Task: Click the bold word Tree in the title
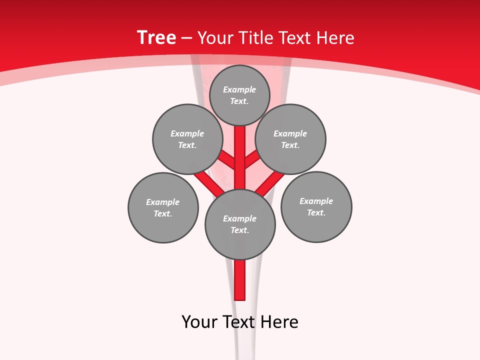(x=156, y=38)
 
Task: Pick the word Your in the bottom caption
(x=199, y=322)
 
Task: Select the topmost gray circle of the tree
(x=239, y=95)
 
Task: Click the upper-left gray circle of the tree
(x=187, y=139)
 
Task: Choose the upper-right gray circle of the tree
(x=290, y=139)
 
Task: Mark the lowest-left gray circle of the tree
(x=163, y=207)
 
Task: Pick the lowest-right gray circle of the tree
(x=316, y=206)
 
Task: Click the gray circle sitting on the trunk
(x=240, y=224)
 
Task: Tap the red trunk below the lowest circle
(x=240, y=280)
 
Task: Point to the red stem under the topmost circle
(x=240, y=150)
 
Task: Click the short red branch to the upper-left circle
(x=227, y=160)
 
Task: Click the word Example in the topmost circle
(x=239, y=90)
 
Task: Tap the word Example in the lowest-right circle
(x=316, y=201)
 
